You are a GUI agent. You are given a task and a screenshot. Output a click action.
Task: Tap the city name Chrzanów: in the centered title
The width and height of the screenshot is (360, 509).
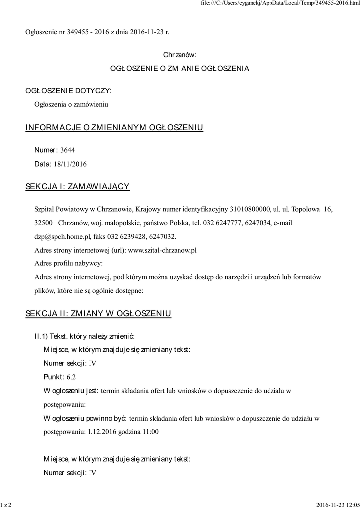click(180, 54)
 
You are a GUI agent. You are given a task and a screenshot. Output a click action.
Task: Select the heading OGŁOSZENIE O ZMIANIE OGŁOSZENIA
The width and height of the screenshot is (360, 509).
click(180, 68)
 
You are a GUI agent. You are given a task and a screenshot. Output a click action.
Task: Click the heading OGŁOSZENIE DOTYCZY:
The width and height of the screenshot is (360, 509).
click(69, 91)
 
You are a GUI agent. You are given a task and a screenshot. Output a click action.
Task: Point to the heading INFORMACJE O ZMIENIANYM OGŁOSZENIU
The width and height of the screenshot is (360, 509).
click(114, 128)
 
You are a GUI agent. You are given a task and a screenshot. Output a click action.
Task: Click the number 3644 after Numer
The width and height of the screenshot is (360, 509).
click(68, 150)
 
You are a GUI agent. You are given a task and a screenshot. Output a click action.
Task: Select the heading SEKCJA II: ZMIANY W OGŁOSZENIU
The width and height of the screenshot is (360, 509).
click(98, 313)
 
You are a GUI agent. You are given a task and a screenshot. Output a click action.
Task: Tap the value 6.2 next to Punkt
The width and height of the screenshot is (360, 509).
click(71, 377)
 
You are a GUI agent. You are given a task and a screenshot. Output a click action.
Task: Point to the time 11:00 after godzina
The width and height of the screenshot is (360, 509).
click(150, 431)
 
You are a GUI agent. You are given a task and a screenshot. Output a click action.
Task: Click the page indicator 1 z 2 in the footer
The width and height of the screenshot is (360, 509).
click(6, 505)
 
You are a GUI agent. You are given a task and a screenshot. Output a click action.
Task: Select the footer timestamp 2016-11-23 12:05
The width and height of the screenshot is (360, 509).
click(337, 505)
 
